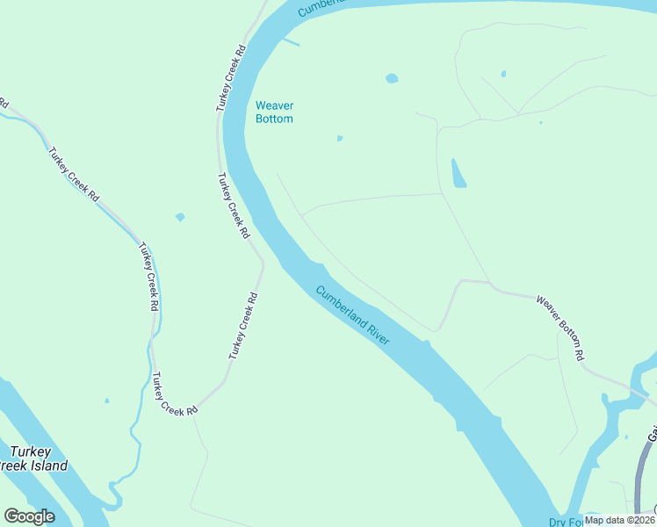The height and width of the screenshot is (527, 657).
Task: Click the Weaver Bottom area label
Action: pyautogui.click(x=274, y=112)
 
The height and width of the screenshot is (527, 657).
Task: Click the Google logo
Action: pyautogui.click(x=29, y=516)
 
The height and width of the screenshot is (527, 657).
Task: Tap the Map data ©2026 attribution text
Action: pyautogui.click(x=619, y=519)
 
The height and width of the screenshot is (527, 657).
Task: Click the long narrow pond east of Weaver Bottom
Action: pyautogui.click(x=458, y=173)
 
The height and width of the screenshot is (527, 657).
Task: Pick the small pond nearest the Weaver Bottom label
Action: pyautogui.click(x=339, y=138)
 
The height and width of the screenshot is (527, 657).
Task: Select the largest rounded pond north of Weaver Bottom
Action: pyautogui.click(x=392, y=78)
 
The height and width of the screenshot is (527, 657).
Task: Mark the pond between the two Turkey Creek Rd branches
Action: pyautogui.click(x=180, y=217)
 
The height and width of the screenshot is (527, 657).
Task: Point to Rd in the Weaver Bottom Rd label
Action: pyautogui.click(x=580, y=354)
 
